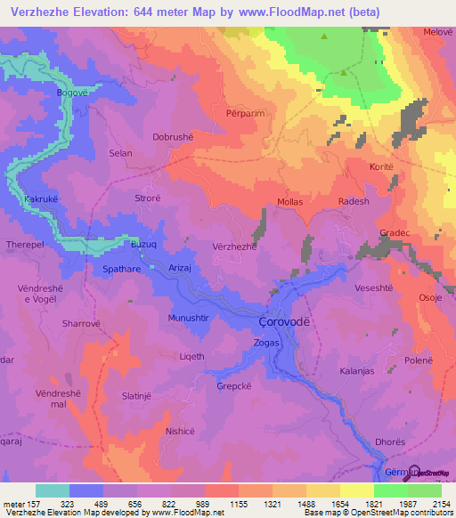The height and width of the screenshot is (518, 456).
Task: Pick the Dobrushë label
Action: [174, 138]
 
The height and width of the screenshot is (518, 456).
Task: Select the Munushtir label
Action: [188, 317]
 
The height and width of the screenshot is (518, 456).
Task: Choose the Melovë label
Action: [438, 32]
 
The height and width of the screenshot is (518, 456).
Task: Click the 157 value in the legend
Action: [27, 504]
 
